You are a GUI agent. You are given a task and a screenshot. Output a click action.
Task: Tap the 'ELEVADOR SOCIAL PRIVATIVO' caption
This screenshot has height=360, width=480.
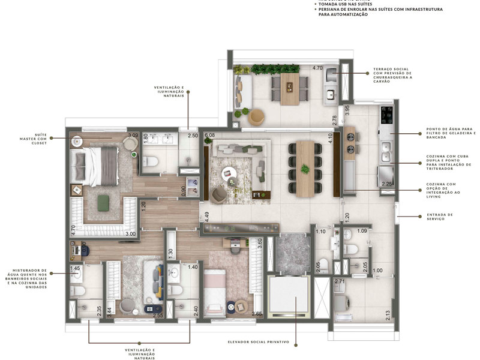[259, 342]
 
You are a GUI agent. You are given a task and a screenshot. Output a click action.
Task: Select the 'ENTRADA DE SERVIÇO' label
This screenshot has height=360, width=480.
[440, 216]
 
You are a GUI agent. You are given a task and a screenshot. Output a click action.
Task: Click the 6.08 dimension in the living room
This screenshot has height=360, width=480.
[209, 136]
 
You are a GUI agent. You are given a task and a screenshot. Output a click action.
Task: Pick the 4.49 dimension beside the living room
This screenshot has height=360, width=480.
[206, 217]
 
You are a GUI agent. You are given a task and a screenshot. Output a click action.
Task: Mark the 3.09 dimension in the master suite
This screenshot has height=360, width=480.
[133, 136]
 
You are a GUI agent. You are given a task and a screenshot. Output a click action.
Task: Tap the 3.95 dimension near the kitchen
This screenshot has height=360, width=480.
[347, 111]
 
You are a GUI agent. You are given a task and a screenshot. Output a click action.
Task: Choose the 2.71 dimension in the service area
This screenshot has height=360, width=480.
[340, 281]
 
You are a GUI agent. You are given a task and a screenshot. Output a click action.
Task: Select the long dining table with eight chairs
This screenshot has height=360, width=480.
[305, 169]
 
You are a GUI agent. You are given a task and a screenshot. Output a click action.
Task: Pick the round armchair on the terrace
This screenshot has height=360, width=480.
[257, 116]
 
